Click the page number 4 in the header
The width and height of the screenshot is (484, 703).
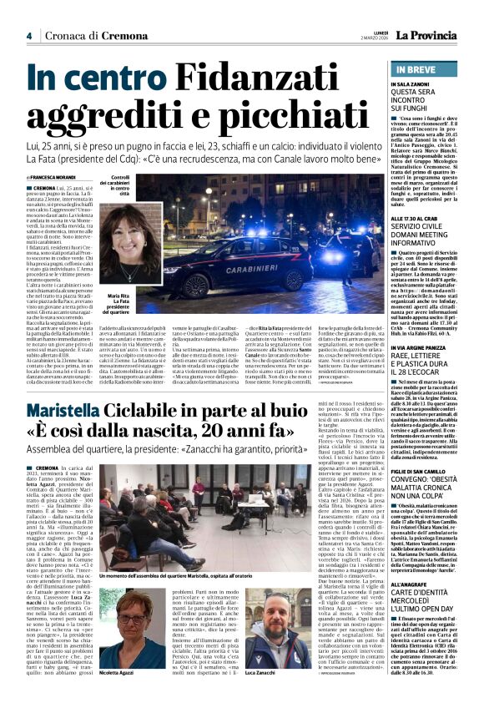(28, 35)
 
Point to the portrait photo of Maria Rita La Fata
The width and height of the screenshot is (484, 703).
(134, 235)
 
